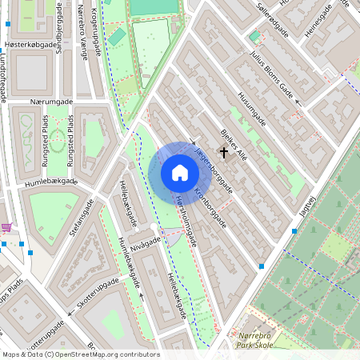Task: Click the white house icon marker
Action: click(179, 173)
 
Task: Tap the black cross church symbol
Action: click(223, 150)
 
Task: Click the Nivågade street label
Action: click(146, 243)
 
